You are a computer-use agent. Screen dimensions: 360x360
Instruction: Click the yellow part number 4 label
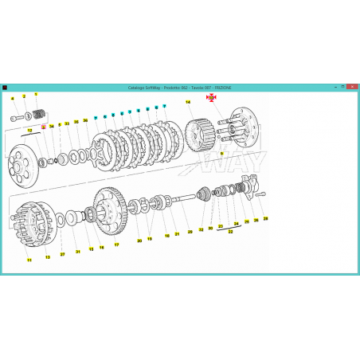[13, 98]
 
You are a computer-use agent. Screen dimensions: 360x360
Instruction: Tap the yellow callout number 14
[188, 102]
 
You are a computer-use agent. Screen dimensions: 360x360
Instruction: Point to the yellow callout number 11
[29, 260]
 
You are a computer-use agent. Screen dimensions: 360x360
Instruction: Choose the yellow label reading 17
[116, 245]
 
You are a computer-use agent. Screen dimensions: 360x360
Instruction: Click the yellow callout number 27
[62, 254]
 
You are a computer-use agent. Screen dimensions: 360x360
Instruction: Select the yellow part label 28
[266, 217]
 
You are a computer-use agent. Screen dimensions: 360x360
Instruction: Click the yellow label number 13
[47, 256]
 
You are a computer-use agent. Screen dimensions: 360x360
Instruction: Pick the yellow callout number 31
[78, 252]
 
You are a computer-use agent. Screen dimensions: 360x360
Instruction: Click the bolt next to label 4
[18, 118]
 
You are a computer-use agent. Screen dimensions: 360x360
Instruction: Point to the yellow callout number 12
[29, 129]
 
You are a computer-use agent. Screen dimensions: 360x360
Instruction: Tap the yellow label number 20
[139, 240]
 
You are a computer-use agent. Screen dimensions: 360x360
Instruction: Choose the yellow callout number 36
[85, 120]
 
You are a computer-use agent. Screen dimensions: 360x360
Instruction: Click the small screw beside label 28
[261, 194]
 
